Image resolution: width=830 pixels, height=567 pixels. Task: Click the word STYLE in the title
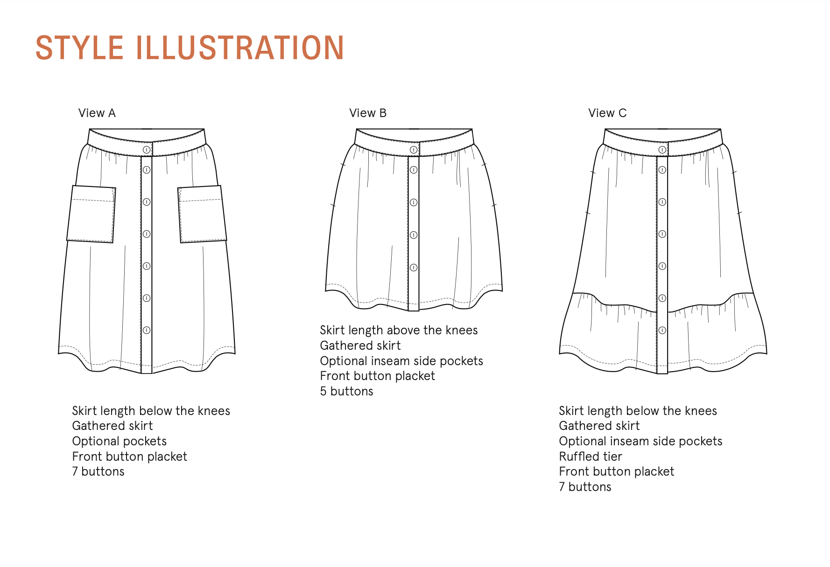[79, 48]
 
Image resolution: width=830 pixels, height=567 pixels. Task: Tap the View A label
[97, 113]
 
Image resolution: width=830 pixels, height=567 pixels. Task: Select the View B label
[368, 113]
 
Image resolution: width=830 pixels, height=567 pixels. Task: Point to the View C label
[607, 113]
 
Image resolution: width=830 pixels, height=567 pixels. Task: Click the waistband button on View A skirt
[147, 150]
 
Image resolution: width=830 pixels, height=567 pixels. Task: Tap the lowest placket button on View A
[147, 330]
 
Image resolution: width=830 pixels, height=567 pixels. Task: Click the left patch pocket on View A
[91, 214]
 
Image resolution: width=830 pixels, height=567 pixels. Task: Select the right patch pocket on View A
[202, 214]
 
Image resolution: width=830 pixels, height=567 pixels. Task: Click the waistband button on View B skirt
[414, 150]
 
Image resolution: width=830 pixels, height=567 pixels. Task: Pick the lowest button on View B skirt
[414, 268]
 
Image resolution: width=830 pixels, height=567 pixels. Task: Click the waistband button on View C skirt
[662, 150]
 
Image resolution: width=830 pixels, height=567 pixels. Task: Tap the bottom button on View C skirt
[662, 330]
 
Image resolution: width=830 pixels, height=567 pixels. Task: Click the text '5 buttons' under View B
[346, 391]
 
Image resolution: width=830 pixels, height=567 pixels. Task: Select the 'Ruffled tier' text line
[591, 456]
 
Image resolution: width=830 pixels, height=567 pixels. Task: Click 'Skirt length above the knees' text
[399, 331]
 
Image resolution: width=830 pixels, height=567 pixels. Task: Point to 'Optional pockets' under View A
[120, 442]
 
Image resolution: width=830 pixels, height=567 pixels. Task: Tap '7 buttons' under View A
[98, 471]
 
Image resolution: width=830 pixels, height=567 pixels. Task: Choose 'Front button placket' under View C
[617, 472]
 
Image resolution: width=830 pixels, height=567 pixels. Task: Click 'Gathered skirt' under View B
[360, 346]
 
